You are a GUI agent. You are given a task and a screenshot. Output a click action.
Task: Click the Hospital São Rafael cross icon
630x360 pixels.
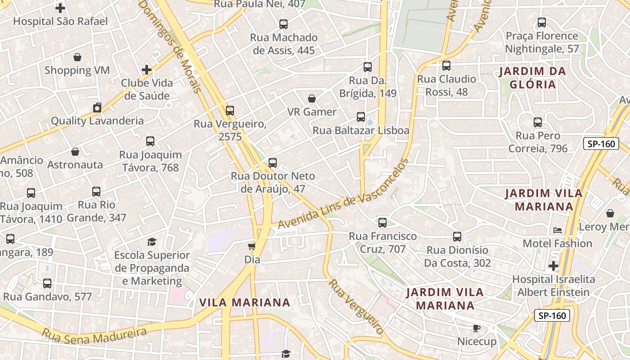[60, 8]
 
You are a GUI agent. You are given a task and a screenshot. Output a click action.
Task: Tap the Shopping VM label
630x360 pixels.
[77, 70]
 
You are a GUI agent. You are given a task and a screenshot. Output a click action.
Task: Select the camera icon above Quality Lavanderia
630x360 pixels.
[97, 108]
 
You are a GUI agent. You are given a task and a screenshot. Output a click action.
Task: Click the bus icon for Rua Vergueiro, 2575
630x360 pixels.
[230, 110]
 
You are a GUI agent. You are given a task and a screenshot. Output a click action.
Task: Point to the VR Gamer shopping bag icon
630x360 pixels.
[312, 99]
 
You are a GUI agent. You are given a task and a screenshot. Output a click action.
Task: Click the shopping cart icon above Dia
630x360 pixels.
[252, 246]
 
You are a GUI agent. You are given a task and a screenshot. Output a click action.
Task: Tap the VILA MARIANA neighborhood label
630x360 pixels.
[245, 302]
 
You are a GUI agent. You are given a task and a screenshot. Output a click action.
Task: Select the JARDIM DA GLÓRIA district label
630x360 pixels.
[533, 78]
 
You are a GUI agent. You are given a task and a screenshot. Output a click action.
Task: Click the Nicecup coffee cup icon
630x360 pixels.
[477, 328]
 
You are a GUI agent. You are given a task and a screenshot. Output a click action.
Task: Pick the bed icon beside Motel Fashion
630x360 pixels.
[558, 230]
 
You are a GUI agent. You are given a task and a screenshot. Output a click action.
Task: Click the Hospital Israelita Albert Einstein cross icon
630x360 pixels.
[553, 266]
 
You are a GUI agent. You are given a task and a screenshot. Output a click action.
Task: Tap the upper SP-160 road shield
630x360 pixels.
[601, 144]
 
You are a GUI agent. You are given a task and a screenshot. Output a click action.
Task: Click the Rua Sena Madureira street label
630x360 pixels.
[94, 333]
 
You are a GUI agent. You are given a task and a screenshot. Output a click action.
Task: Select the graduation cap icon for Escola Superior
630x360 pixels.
[152, 242]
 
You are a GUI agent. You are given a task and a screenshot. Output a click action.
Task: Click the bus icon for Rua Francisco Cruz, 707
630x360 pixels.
[382, 222]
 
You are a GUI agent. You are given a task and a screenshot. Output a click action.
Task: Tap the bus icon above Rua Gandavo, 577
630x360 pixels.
[47, 283]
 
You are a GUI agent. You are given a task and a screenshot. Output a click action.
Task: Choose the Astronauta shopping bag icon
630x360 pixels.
[75, 152]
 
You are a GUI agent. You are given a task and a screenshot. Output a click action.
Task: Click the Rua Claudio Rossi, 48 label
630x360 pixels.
[446, 85]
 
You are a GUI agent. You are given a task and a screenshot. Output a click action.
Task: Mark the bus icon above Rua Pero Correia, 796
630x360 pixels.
[538, 122]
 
